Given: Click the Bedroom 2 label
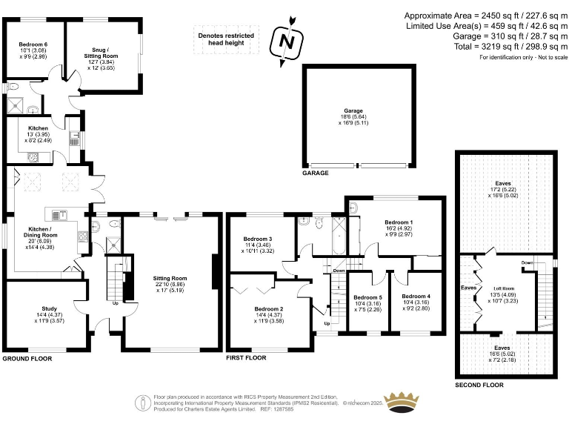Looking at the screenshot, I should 268,309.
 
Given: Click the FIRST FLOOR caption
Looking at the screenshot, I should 246,358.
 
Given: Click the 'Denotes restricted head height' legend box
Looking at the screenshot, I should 225,39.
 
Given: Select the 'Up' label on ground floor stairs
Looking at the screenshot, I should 115,302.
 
